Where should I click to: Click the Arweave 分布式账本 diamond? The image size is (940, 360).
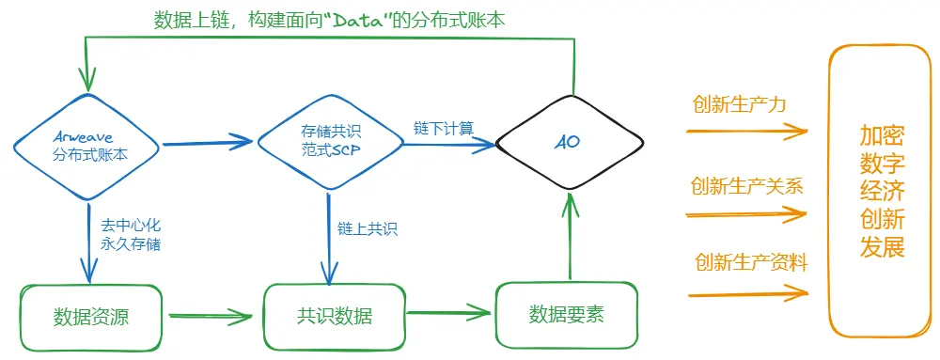pyautogui.click(x=91, y=145)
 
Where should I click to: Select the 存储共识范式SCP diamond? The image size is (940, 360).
pyautogui.click(x=329, y=144)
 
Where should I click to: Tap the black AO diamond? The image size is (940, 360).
pyautogui.click(x=569, y=144)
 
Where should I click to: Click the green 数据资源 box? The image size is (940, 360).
pyautogui.click(x=91, y=317)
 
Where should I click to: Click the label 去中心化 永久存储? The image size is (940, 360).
pyautogui.click(x=132, y=235)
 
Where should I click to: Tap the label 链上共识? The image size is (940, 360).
pyautogui.click(x=367, y=228)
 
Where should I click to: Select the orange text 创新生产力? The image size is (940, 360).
pyautogui.click(x=739, y=104)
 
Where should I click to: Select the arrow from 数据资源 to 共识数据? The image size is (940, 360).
pyautogui.click(x=211, y=317)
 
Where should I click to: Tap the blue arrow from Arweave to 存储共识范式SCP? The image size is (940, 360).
pyautogui.click(x=209, y=143)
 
